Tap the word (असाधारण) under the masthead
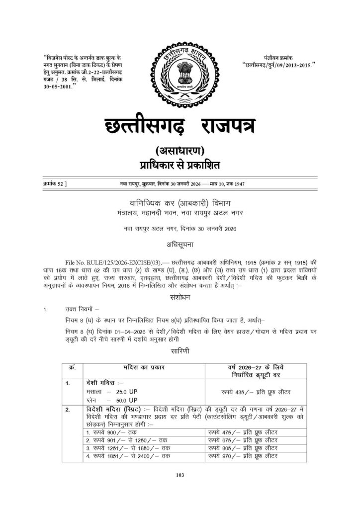[x=180, y=151]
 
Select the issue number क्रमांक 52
[x=55, y=184]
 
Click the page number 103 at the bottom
[x=180, y=475]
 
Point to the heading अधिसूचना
[x=180, y=245]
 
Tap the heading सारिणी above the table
[x=180, y=350]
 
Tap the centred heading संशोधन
[x=180, y=297]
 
